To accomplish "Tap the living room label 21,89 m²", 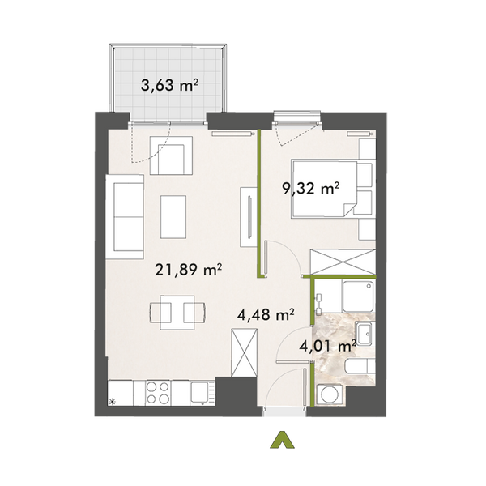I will (x=189, y=271).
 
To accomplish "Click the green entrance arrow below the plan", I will (x=281, y=440).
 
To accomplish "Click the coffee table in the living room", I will (x=174, y=215).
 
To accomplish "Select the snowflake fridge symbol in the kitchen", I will (x=113, y=400).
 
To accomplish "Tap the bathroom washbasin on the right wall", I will (x=364, y=333).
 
